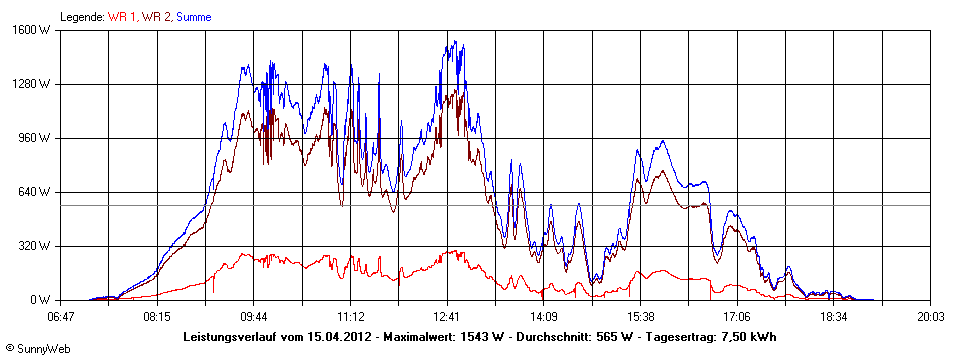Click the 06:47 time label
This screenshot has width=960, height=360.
61,316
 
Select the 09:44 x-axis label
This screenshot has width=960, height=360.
253,316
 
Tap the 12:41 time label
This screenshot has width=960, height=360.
447,316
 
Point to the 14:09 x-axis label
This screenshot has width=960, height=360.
544,316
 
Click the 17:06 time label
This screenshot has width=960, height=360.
737,316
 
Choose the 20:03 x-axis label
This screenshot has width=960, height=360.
930,316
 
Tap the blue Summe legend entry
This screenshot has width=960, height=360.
195,16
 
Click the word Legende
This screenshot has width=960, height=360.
82,16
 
